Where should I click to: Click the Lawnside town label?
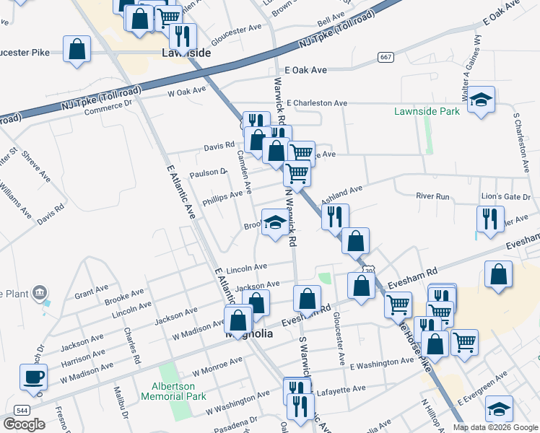point(186,53)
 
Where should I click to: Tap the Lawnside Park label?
point(427,112)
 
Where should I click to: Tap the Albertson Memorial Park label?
point(173,391)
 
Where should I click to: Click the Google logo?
point(24,424)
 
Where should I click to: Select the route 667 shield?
point(385,57)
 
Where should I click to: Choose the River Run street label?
point(432,196)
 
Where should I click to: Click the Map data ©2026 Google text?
point(495,427)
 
